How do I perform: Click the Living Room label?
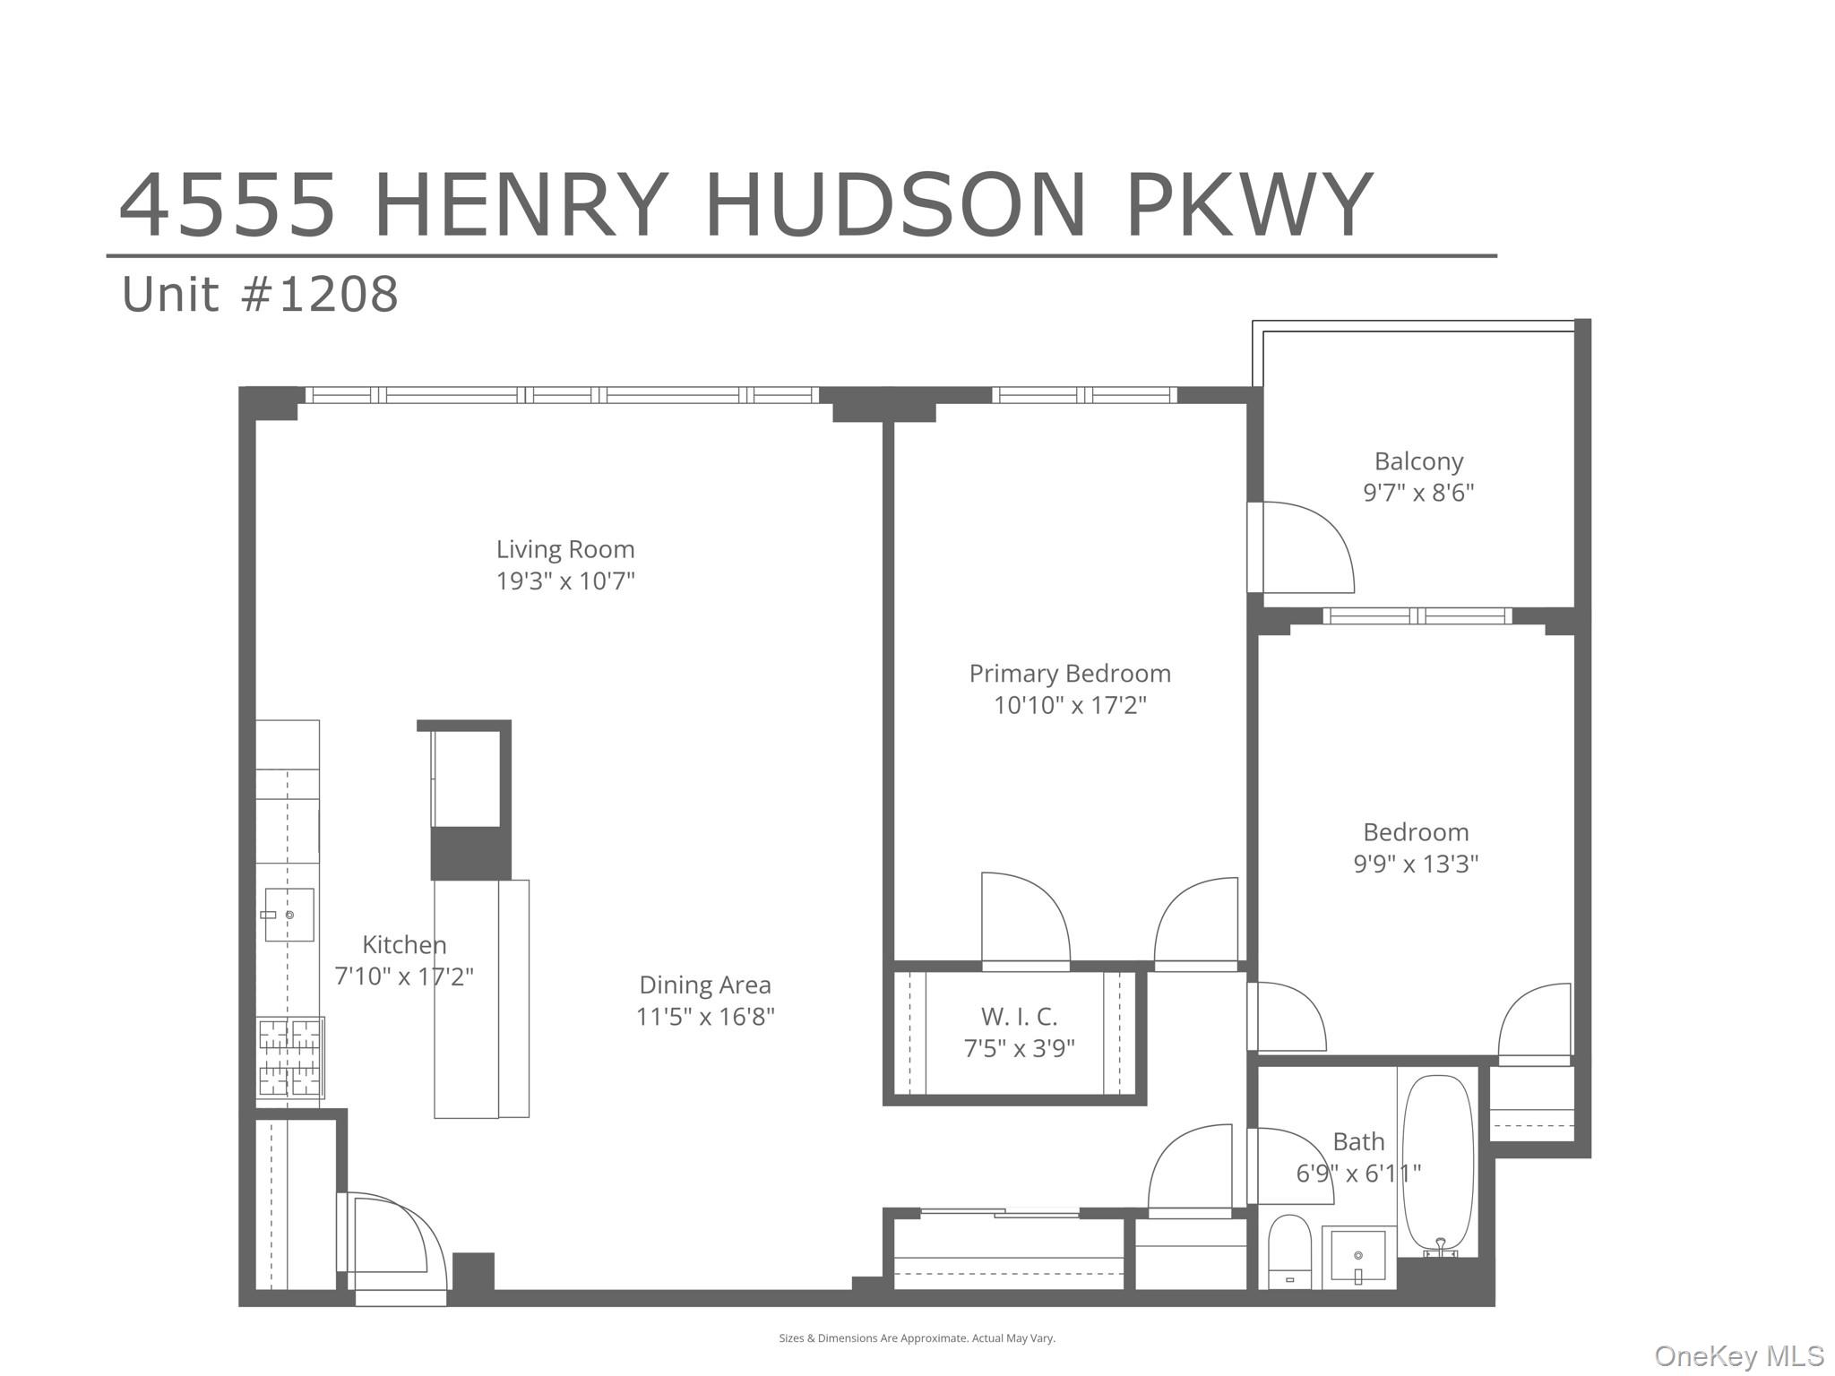point(565,549)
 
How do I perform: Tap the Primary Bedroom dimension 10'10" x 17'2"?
point(1070,705)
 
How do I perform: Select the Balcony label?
point(1418,461)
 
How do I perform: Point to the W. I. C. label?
point(1019,1017)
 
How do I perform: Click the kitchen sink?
point(289,915)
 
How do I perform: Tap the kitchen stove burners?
point(290,1058)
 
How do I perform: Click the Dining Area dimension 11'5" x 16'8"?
point(705,1017)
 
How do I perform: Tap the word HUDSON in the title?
point(896,206)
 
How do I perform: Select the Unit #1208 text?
point(260,294)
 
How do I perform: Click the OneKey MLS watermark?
point(1738,1356)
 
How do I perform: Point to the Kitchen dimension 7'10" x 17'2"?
point(404,976)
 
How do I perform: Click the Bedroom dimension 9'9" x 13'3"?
point(1416,864)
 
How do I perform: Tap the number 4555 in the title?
point(228,206)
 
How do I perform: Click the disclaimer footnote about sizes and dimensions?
point(917,1338)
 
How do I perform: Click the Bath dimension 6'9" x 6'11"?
point(1358,1174)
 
